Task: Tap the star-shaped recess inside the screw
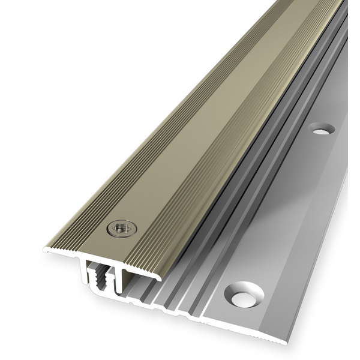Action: pyautogui.click(x=121, y=227)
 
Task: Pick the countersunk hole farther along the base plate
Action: pyautogui.click(x=322, y=128)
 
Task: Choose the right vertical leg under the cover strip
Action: pyautogui.click(x=124, y=277)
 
